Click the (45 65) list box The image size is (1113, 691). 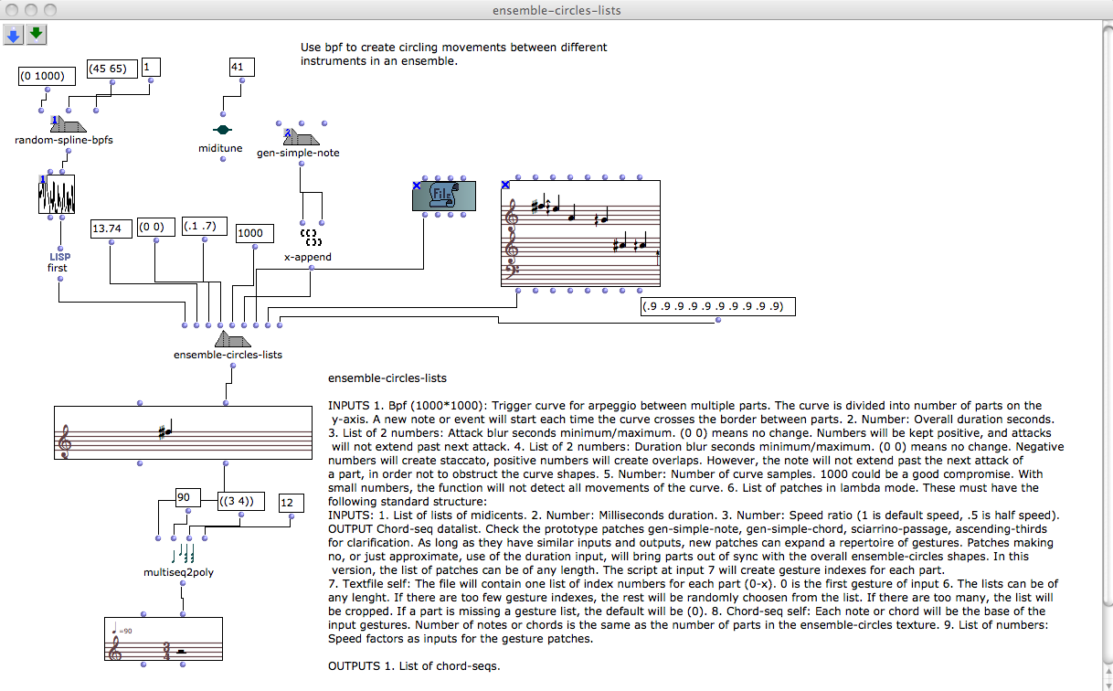(x=112, y=69)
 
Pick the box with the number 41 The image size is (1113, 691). (x=241, y=67)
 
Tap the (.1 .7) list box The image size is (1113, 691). (x=205, y=226)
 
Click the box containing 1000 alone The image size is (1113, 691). (x=250, y=233)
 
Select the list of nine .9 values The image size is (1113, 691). (x=717, y=307)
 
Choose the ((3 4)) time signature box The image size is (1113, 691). (x=241, y=502)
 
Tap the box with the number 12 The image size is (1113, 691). (x=291, y=504)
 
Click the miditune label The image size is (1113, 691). (x=220, y=148)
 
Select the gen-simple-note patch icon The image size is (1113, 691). (x=301, y=137)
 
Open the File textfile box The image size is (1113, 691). (x=444, y=197)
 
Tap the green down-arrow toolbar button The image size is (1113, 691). (x=36, y=35)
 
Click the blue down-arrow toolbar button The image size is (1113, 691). (x=14, y=35)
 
